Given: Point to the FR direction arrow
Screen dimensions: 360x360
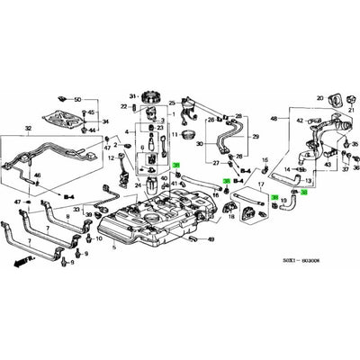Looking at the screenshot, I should [x=19, y=260].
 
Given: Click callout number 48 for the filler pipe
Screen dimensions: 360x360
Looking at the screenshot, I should [x=274, y=119].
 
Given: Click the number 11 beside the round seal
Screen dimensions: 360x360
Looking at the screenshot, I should [x=177, y=133].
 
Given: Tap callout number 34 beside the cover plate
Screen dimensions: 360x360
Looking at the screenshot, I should [x=103, y=120].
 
